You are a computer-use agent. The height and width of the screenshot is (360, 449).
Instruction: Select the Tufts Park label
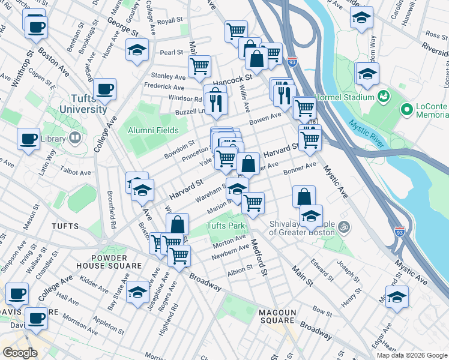click(x=226, y=226)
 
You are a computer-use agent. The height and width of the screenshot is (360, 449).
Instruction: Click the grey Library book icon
click(x=75, y=138)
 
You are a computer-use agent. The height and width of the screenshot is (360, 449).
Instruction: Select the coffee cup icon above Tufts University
click(x=105, y=89)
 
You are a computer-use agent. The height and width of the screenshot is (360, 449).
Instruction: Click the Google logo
click(x=19, y=353)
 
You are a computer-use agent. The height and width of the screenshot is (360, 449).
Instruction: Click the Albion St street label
click(x=240, y=271)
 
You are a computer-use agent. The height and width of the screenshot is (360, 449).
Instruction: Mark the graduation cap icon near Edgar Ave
click(x=397, y=297)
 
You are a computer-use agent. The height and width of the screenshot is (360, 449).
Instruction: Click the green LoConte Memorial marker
click(x=407, y=110)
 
